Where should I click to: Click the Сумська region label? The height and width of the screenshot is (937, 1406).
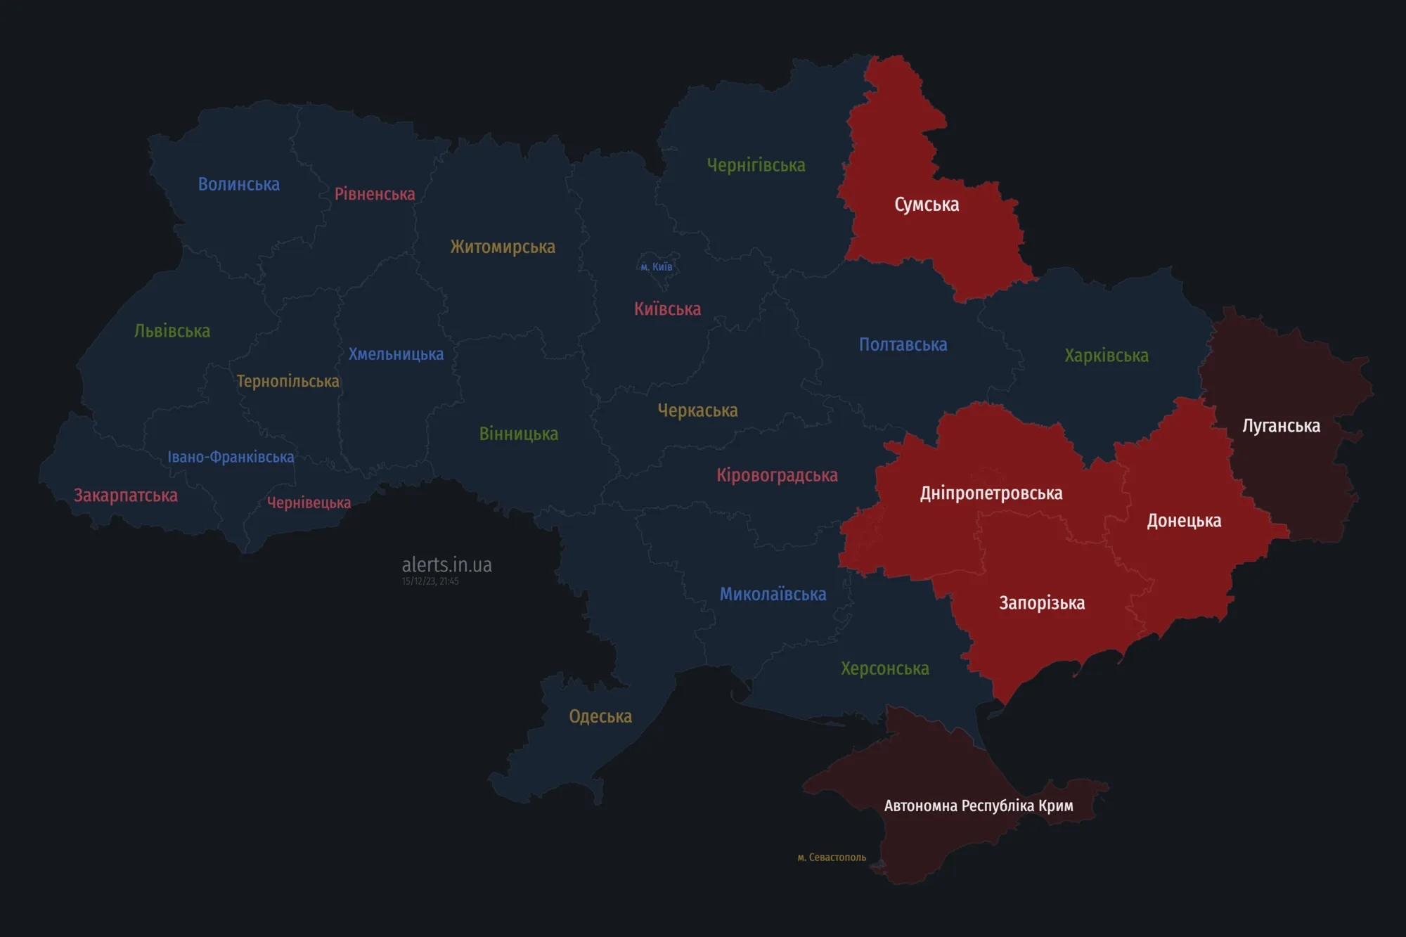click(927, 205)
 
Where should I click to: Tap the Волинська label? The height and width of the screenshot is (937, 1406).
click(238, 184)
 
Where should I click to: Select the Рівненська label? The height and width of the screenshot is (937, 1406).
click(375, 194)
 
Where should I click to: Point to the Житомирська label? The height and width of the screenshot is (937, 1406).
click(503, 247)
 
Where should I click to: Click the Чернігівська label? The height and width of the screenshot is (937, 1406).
click(756, 165)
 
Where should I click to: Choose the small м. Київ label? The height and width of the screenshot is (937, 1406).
click(657, 267)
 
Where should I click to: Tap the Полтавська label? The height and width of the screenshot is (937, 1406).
click(903, 344)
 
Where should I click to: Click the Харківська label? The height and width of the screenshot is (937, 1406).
click(1106, 356)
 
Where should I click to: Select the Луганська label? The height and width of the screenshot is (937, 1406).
click(1281, 426)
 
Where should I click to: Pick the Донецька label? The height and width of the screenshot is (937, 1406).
click(1184, 521)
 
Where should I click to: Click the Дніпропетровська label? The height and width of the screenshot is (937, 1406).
click(991, 493)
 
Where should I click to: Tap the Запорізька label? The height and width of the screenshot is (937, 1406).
click(1042, 603)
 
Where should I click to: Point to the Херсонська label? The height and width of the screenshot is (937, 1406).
click(884, 668)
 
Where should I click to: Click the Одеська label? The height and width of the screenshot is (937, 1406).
click(600, 716)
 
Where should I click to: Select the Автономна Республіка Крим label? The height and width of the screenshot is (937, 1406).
click(979, 806)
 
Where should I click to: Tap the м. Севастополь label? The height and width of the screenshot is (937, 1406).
click(832, 858)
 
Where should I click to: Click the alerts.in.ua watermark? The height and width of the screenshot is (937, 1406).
click(446, 564)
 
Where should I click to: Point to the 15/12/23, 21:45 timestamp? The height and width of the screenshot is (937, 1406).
click(430, 581)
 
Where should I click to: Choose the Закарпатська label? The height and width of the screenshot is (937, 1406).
click(126, 496)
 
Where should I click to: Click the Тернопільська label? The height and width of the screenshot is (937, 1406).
click(288, 381)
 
